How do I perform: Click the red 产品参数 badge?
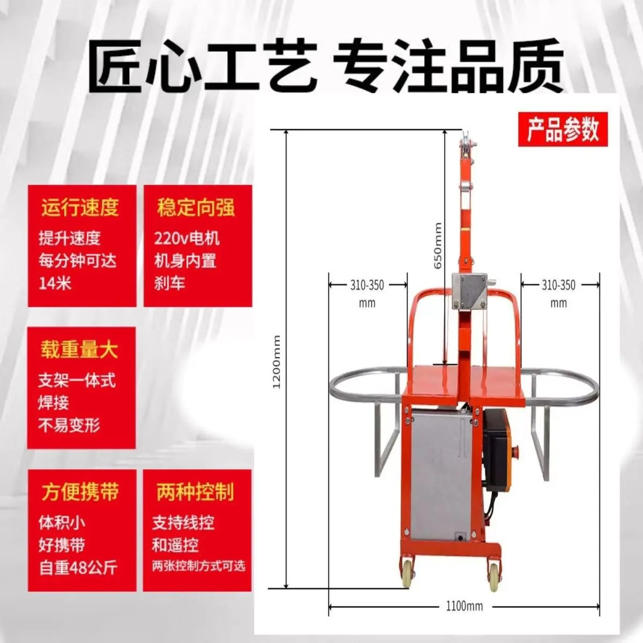[x=563, y=129]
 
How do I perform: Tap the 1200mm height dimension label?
[x=277, y=362]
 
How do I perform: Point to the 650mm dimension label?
[x=438, y=245]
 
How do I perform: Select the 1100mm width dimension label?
[x=464, y=606]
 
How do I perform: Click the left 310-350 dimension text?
[x=367, y=285]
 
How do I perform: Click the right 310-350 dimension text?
[x=558, y=285]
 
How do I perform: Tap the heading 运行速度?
[x=80, y=208]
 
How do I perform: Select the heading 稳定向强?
[x=196, y=208]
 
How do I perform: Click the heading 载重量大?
[x=79, y=350]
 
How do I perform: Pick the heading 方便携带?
[x=80, y=492]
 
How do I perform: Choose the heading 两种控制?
[x=196, y=492]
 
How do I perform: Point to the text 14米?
[x=55, y=283]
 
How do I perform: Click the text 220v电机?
[x=187, y=238]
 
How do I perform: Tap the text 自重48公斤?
[x=78, y=568]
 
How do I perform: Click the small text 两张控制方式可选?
[x=198, y=566]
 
